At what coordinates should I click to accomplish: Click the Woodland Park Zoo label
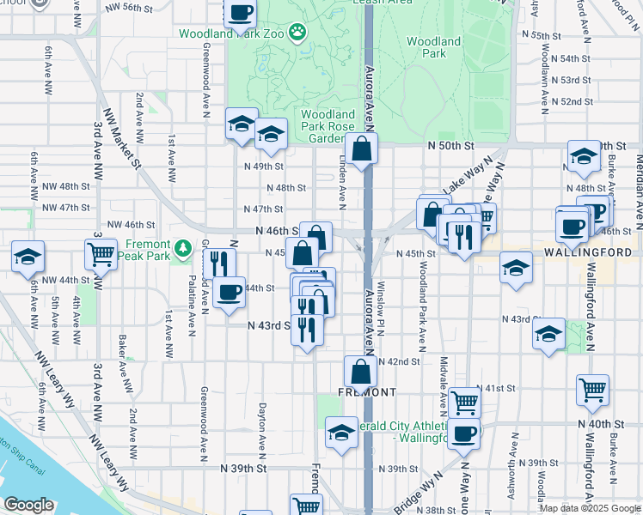[x=231, y=34]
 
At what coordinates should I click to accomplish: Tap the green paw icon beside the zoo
[x=297, y=33]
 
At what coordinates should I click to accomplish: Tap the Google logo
[x=28, y=505]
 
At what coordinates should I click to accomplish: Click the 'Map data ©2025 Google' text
[x=589, y=508]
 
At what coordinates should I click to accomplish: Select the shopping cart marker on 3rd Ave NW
[x=101, y=254]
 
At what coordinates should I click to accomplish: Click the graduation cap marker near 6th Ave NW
[x=28, y=256]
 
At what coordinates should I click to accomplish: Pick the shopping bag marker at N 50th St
[x=363, y=147]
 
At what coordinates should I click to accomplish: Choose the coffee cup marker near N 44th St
[x=230, y=292]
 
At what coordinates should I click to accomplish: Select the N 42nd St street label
[x=398, y=362]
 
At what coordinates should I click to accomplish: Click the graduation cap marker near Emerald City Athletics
[x=341, y=433]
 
